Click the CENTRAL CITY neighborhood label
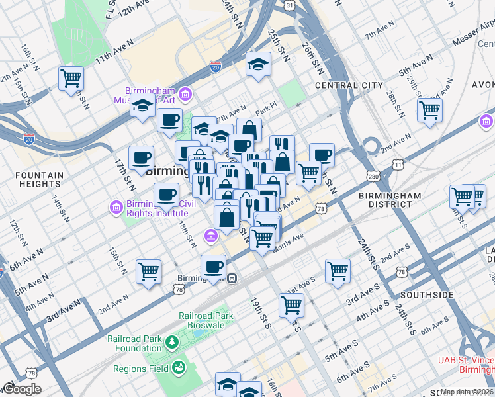tap(349, 85)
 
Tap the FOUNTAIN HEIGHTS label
tap(41, 181)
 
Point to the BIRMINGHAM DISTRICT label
tap(390, 200)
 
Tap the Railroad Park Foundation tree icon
tap(172, 342)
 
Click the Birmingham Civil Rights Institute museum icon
tap(116, 208)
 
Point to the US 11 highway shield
tap(397, 163)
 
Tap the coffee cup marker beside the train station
tap(213, 267)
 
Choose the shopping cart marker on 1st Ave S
tap(292, 304)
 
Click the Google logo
tap(22, 389)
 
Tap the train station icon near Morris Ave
tap(233, 278)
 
